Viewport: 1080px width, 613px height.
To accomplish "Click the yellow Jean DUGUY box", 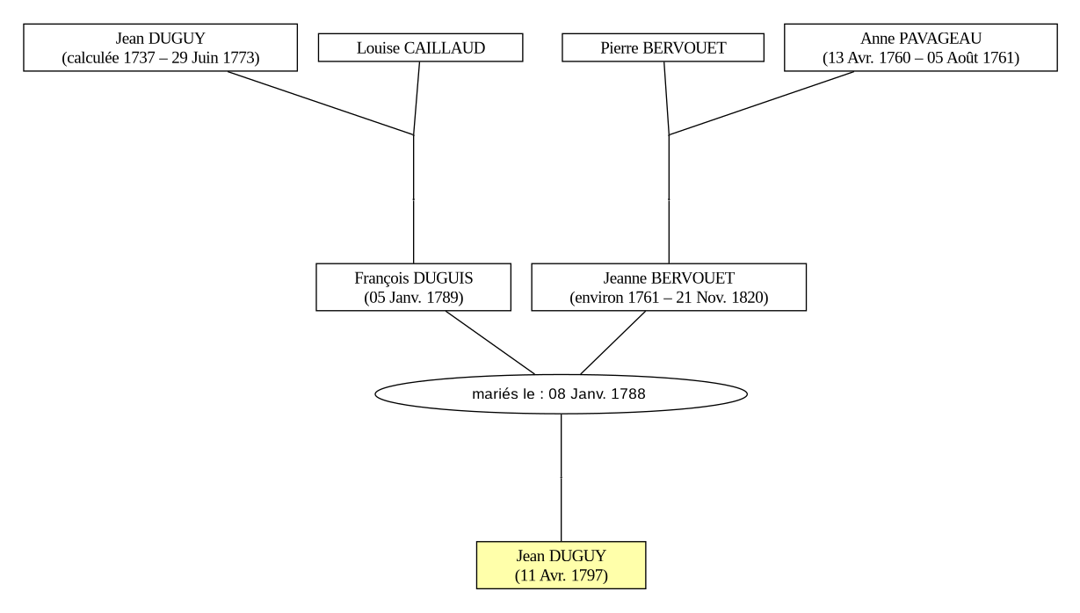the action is [x=561, y=565].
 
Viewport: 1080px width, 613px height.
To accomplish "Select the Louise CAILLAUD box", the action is [x=420, y=47].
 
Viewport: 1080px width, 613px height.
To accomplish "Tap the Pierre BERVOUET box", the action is [x=663, y=47].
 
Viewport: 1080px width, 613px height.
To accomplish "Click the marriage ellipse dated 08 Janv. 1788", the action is [x=562, y=394].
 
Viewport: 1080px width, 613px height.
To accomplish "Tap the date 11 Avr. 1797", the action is [x=562, y=575].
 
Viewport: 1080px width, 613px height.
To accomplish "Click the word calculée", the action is [x=92, y=58].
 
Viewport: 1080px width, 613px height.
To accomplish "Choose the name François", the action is [x=382, y=278].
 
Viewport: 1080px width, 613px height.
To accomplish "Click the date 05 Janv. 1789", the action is [x=414, y=298].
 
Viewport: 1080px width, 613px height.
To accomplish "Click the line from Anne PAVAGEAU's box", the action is [x=761, y=103].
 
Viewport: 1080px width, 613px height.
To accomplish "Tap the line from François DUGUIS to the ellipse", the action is [x=489, y=343].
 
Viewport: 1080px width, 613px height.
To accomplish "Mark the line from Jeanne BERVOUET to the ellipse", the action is [x=612, y=343].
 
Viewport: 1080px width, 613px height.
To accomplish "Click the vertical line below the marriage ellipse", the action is [x=562, y=478].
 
